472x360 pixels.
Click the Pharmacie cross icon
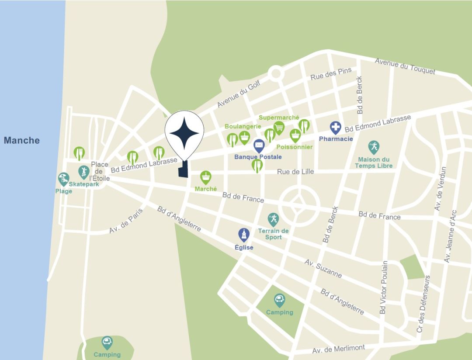pyautogui.click(x=335, y=128)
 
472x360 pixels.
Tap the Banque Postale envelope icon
pyautogui.click(x=259, y=145)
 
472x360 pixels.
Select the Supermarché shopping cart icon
pyautogui.click(x=279, y=127)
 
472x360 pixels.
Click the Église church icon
pyautogui.click(x=243, y=235)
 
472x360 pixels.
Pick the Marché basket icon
pyautogui.click(x=206, y=177)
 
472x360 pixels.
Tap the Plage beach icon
pyautogui.click(x=64, y=179)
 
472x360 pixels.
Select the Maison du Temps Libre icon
pyautogui.click(x=373, y=147)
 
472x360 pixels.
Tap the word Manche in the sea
pyautogui.click(x=22, y=140)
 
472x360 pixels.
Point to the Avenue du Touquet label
pyautogui.click(x=405, y=66)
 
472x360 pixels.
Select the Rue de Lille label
pyautogui.click(x=295, y=172)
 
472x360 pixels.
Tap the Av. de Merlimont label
pyautogui.click(x=338, y=350)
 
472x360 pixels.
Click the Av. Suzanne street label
pyautogui.click(x=323, y=268)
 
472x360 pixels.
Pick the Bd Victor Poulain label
pyautogui.click(x=384, y=288)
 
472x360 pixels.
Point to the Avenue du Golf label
pyautogui.click(x=239, y=94)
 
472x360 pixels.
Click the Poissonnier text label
pyautogui.click(x=294, y=147)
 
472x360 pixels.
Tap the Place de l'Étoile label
pyautogui.click(x=100, y=171)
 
